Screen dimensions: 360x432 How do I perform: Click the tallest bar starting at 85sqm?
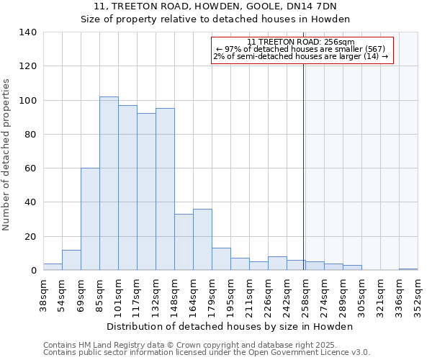coord(109,184)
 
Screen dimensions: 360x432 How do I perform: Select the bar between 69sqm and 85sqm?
coord(90,219)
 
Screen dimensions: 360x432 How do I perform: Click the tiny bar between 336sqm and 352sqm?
coord(408,269)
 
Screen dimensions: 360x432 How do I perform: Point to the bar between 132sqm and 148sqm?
coord(165,189)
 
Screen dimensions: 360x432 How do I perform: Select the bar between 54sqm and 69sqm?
coord(71,260)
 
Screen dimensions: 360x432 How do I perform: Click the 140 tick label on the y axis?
coord(27,32)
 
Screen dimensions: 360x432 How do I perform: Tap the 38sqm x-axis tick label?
coord(43,294)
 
